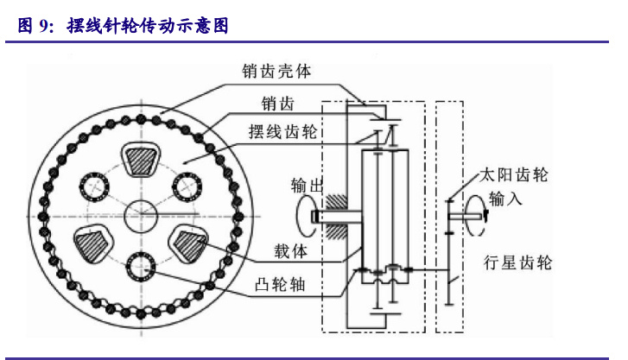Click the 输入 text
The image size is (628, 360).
pyautogui.click(x=505, y=199)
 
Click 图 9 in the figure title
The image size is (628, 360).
pyautogui.click(x=34, y=27)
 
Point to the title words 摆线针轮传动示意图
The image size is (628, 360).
pyautogui.click(x=148, y=27)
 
